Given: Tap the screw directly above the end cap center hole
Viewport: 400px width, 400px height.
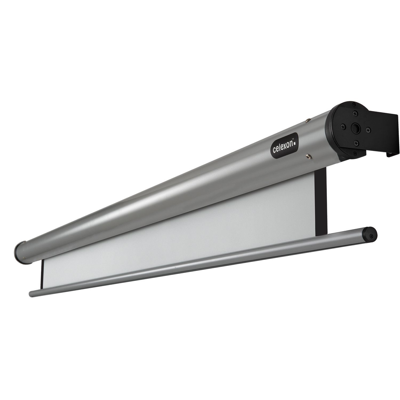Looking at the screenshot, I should pos(355,114).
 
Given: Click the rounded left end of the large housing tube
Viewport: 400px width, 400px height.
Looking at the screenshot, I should pos(20,251).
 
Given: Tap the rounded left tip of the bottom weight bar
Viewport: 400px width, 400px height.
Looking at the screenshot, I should pos(31,293).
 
